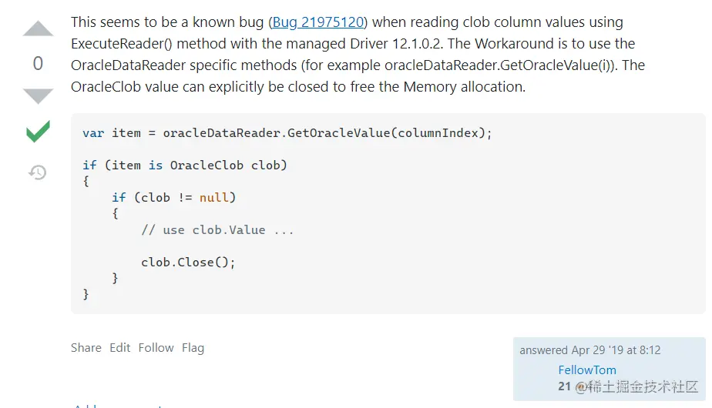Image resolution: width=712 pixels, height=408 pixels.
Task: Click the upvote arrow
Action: pyautogui.click(x=38, y=30)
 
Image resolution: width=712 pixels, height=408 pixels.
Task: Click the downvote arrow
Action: pyautogui.click(x=38, y=96)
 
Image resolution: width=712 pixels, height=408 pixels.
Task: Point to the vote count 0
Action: pyautogui.click(x=38, y=64)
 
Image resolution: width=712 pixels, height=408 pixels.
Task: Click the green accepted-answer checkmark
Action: pyautogui.click(x=38, y=132)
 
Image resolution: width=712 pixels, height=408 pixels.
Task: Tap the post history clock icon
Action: pyautogui.click(x=38, y=172)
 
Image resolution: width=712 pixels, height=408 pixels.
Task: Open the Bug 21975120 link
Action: pyautogui.click(x=318, y=22)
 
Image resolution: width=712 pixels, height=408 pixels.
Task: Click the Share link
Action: pyautogui.click(x=86, y=348)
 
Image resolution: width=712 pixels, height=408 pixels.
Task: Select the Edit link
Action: pyautogui.click(x=119, y=348)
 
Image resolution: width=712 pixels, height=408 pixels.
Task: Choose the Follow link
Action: pyautogui.click(x=156, y=348)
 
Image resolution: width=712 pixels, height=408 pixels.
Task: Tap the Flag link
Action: pyautogui.click(x=193, y=348)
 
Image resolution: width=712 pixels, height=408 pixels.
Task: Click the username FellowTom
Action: pyautogui.click(x=587, y=370)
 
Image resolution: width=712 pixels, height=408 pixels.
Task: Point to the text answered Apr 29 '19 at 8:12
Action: pyautogui.click(x=589, y=350)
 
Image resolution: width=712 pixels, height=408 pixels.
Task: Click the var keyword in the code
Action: pyautogui.click(x=93, y=133)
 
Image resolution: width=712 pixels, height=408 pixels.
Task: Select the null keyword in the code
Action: pyautogui.click(x=213, y=198)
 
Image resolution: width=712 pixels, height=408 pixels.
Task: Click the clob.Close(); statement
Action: pyautogui.click(x=188, y=263)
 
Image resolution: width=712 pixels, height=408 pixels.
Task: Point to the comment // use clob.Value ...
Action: pyautogui.click(x=217, y=230)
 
